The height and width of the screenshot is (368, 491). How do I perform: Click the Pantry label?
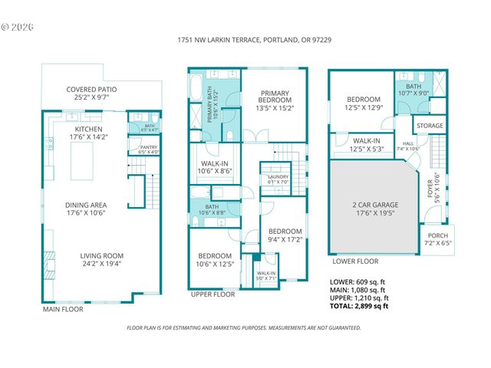pyautogui.click(x=148, y=149)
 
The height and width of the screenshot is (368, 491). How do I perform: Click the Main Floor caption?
pyautogui.click(x=63, y=310)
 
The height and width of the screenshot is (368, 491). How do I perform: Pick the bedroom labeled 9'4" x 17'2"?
pyautogui.click(x=284, y=235)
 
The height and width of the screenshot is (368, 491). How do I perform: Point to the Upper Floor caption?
pyautogui.click(x=213, y=294)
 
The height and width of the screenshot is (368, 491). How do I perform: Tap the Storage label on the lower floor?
pyautogui.click(x=430, y=125)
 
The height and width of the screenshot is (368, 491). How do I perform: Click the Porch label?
pyautogui.click(x=438, y=240)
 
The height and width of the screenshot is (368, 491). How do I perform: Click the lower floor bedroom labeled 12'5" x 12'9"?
pyautogui.click(x=363, y=103)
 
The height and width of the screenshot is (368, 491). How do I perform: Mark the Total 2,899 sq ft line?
pyautogui.click(x=358, y=306)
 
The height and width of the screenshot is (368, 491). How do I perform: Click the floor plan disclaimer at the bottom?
pyautogui.click(x=243, y=327)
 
